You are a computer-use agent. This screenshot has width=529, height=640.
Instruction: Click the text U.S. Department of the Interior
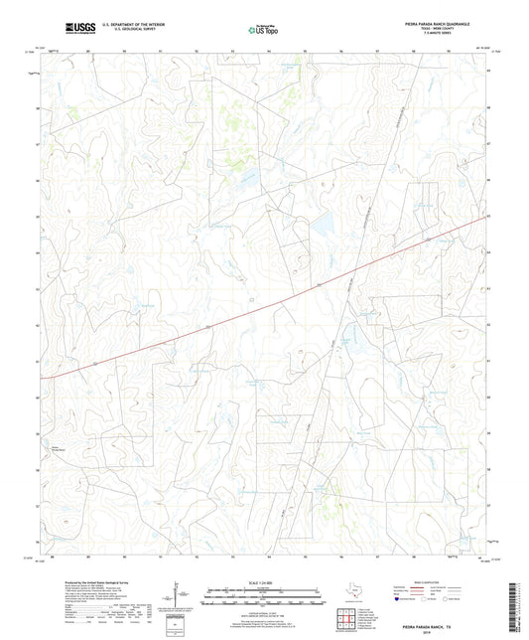127,22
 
